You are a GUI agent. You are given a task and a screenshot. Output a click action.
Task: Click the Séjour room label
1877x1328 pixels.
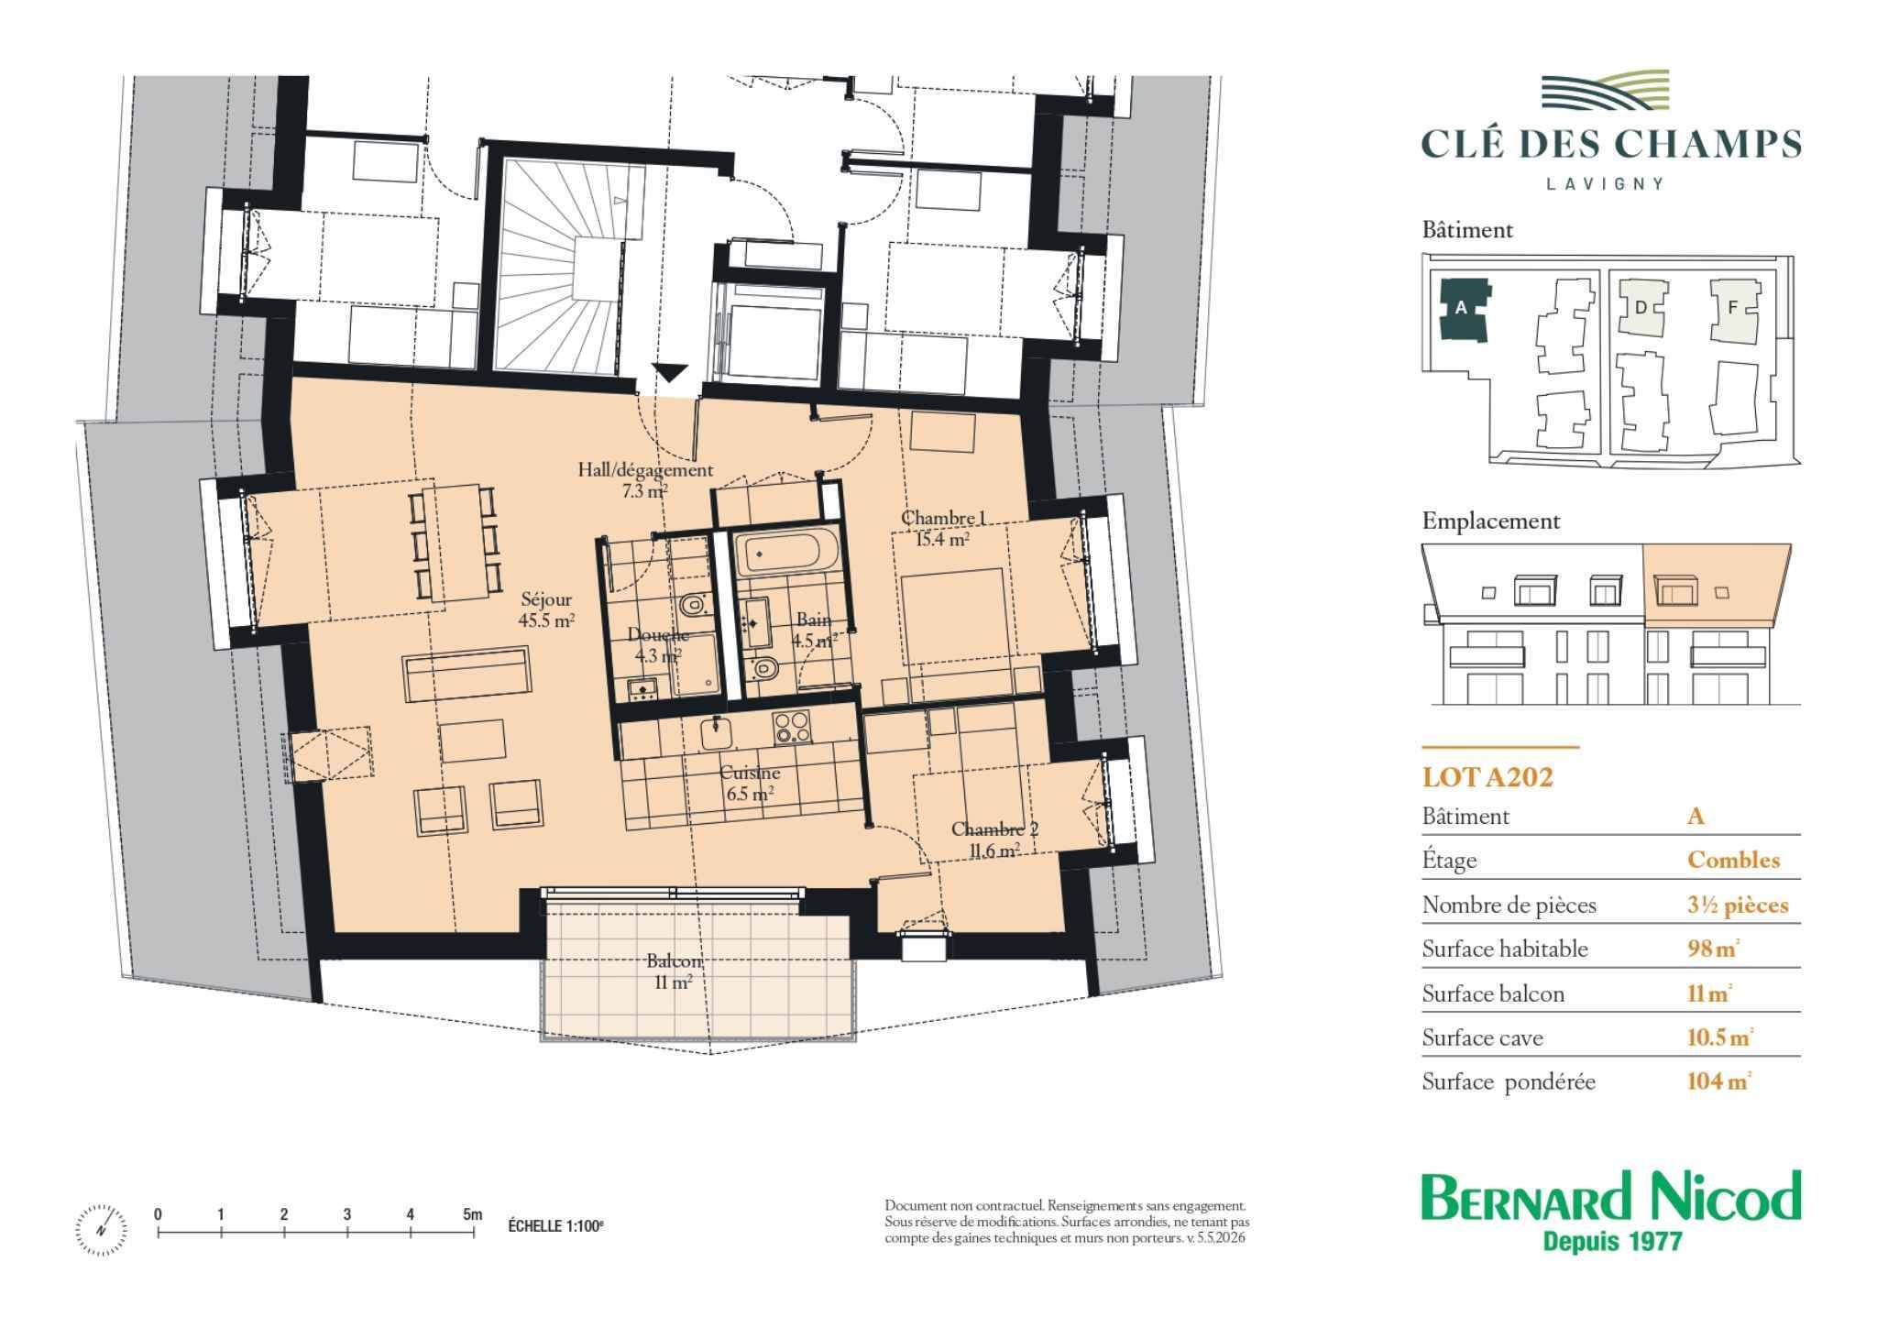pos(547,609)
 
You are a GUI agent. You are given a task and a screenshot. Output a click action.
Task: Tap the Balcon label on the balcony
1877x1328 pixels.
pos(674,971)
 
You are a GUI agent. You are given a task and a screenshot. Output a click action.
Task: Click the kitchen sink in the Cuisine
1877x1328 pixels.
pos(715,733)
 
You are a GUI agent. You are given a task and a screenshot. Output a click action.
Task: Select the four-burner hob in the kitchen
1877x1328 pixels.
pos(792,727)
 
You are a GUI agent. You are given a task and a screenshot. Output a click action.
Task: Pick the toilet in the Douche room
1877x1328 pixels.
pos(693,605)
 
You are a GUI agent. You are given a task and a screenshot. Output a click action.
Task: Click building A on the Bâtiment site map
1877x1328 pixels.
pos(1462,309)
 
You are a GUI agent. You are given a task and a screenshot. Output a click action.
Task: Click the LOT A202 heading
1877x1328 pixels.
pos(1487,777)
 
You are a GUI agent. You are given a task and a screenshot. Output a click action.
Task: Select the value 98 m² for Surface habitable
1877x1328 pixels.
pos(1713,949)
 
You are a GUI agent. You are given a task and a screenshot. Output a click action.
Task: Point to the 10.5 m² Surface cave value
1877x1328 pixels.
pos(1720,1037)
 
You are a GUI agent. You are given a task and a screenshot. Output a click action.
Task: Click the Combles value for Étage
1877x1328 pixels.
pos(1734,860)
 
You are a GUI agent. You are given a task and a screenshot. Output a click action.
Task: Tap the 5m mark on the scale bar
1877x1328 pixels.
pos(472,1215)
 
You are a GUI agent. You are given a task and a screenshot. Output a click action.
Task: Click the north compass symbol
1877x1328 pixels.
pos(102,1228)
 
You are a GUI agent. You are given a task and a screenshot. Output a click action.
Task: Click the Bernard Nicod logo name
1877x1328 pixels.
pos(1611,1197)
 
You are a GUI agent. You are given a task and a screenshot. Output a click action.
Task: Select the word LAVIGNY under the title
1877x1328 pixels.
pos(1605,183)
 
